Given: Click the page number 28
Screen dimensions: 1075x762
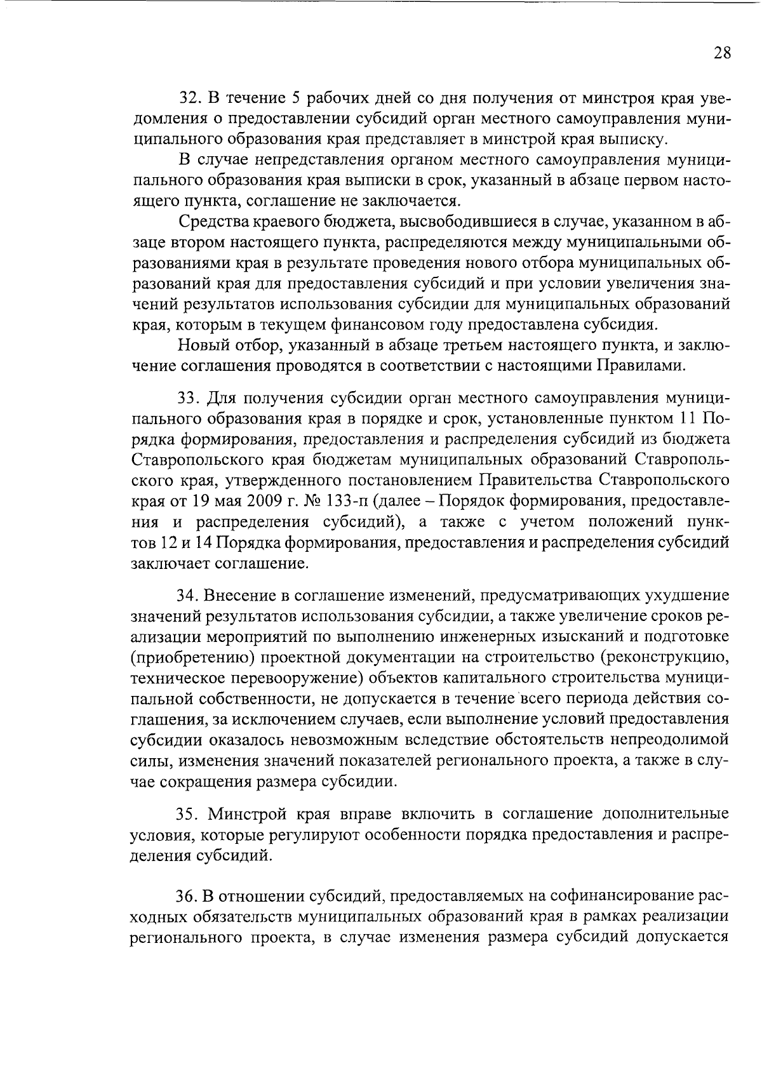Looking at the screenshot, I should point(721,53).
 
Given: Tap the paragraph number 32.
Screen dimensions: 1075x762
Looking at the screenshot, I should point(189,98).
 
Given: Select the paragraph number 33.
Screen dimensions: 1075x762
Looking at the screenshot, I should point(189,398).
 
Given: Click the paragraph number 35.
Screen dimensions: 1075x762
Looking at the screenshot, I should point(189,814).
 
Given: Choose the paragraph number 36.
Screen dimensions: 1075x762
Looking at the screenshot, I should point(189,896).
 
